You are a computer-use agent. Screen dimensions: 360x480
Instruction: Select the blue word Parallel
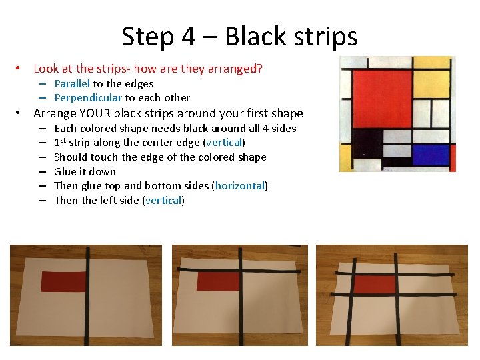pyautogui.click(x=72, y=84)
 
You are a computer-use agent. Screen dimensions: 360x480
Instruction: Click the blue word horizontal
pyautogui.click(x=240, y=186)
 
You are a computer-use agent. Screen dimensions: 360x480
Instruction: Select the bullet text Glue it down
pyautogui.click(x=85, y=171)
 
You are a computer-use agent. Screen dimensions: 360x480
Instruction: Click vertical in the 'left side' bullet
pyautogui.click(x=164, y=200)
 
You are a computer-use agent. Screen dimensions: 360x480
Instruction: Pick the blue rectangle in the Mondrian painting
pyautogui.click(x=431, y=155)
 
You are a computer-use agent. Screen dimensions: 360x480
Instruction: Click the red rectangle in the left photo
pyautogui.click(x=64, y=281)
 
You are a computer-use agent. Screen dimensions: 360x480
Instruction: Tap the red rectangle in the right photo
pyautogui.click(x=375, y=284)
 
